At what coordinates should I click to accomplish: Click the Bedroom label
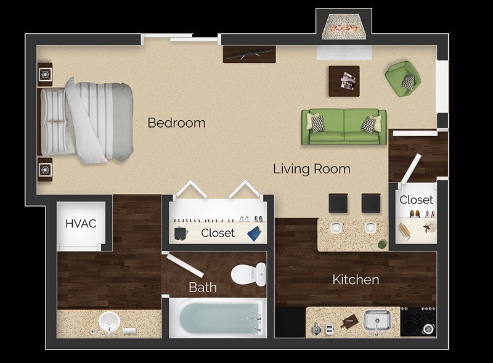[x=176, y=123]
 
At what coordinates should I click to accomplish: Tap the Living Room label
[x=312, y=168]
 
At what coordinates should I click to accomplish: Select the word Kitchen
[x=356, y=280]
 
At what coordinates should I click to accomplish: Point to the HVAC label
[x=81, y=223]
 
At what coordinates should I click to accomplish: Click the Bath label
[x=202, y=287]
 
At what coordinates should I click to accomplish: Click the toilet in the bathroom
[x=249, y=273]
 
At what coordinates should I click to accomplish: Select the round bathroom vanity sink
[x=109, y=321]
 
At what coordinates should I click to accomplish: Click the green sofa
[x=344, y=126]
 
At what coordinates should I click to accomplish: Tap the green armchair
[x=404, y=78]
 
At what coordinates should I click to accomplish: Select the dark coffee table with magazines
[x=344, y=80]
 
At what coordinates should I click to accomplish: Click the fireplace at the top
[x=344, y=26]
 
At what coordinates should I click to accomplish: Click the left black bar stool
[x=338, y=203]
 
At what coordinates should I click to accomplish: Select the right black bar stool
[x=371, y=203]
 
